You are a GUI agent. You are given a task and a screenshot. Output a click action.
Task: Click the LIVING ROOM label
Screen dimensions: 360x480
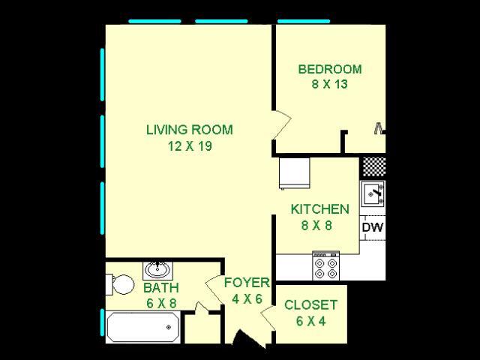point(189,130)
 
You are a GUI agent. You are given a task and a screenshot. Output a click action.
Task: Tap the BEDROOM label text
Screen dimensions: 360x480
point(329,70)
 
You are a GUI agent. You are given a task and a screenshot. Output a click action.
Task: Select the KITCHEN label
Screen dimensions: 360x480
point(319,209)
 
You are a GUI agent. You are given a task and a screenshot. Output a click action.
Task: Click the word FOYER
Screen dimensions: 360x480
point(247,283)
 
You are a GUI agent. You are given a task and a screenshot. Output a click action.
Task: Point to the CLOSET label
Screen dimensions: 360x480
point(310,305)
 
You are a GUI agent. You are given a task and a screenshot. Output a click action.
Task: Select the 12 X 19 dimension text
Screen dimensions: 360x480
point(190,146)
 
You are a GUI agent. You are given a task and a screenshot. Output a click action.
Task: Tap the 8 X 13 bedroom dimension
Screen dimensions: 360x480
point(329,85)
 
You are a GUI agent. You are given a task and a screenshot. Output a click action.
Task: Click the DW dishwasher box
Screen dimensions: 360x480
point(372,227)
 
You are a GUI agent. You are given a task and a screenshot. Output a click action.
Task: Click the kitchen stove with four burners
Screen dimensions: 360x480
point(325,266)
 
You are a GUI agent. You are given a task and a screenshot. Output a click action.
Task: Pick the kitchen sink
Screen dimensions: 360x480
point(373,193)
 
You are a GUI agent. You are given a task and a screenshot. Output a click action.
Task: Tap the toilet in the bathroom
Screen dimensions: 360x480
point(119,284)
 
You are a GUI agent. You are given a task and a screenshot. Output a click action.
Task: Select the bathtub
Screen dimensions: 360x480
point(142,327)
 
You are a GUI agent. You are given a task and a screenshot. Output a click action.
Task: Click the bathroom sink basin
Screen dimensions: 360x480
point(157,269)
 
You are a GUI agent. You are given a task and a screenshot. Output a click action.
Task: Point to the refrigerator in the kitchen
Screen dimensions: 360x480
point(293,173)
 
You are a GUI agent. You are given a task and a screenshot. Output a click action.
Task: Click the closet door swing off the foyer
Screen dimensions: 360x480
point(268,318)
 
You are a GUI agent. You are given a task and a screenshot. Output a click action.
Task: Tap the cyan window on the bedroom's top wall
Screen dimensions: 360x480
point(304,21)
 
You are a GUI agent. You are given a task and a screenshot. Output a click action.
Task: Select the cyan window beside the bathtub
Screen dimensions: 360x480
point(102,325)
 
